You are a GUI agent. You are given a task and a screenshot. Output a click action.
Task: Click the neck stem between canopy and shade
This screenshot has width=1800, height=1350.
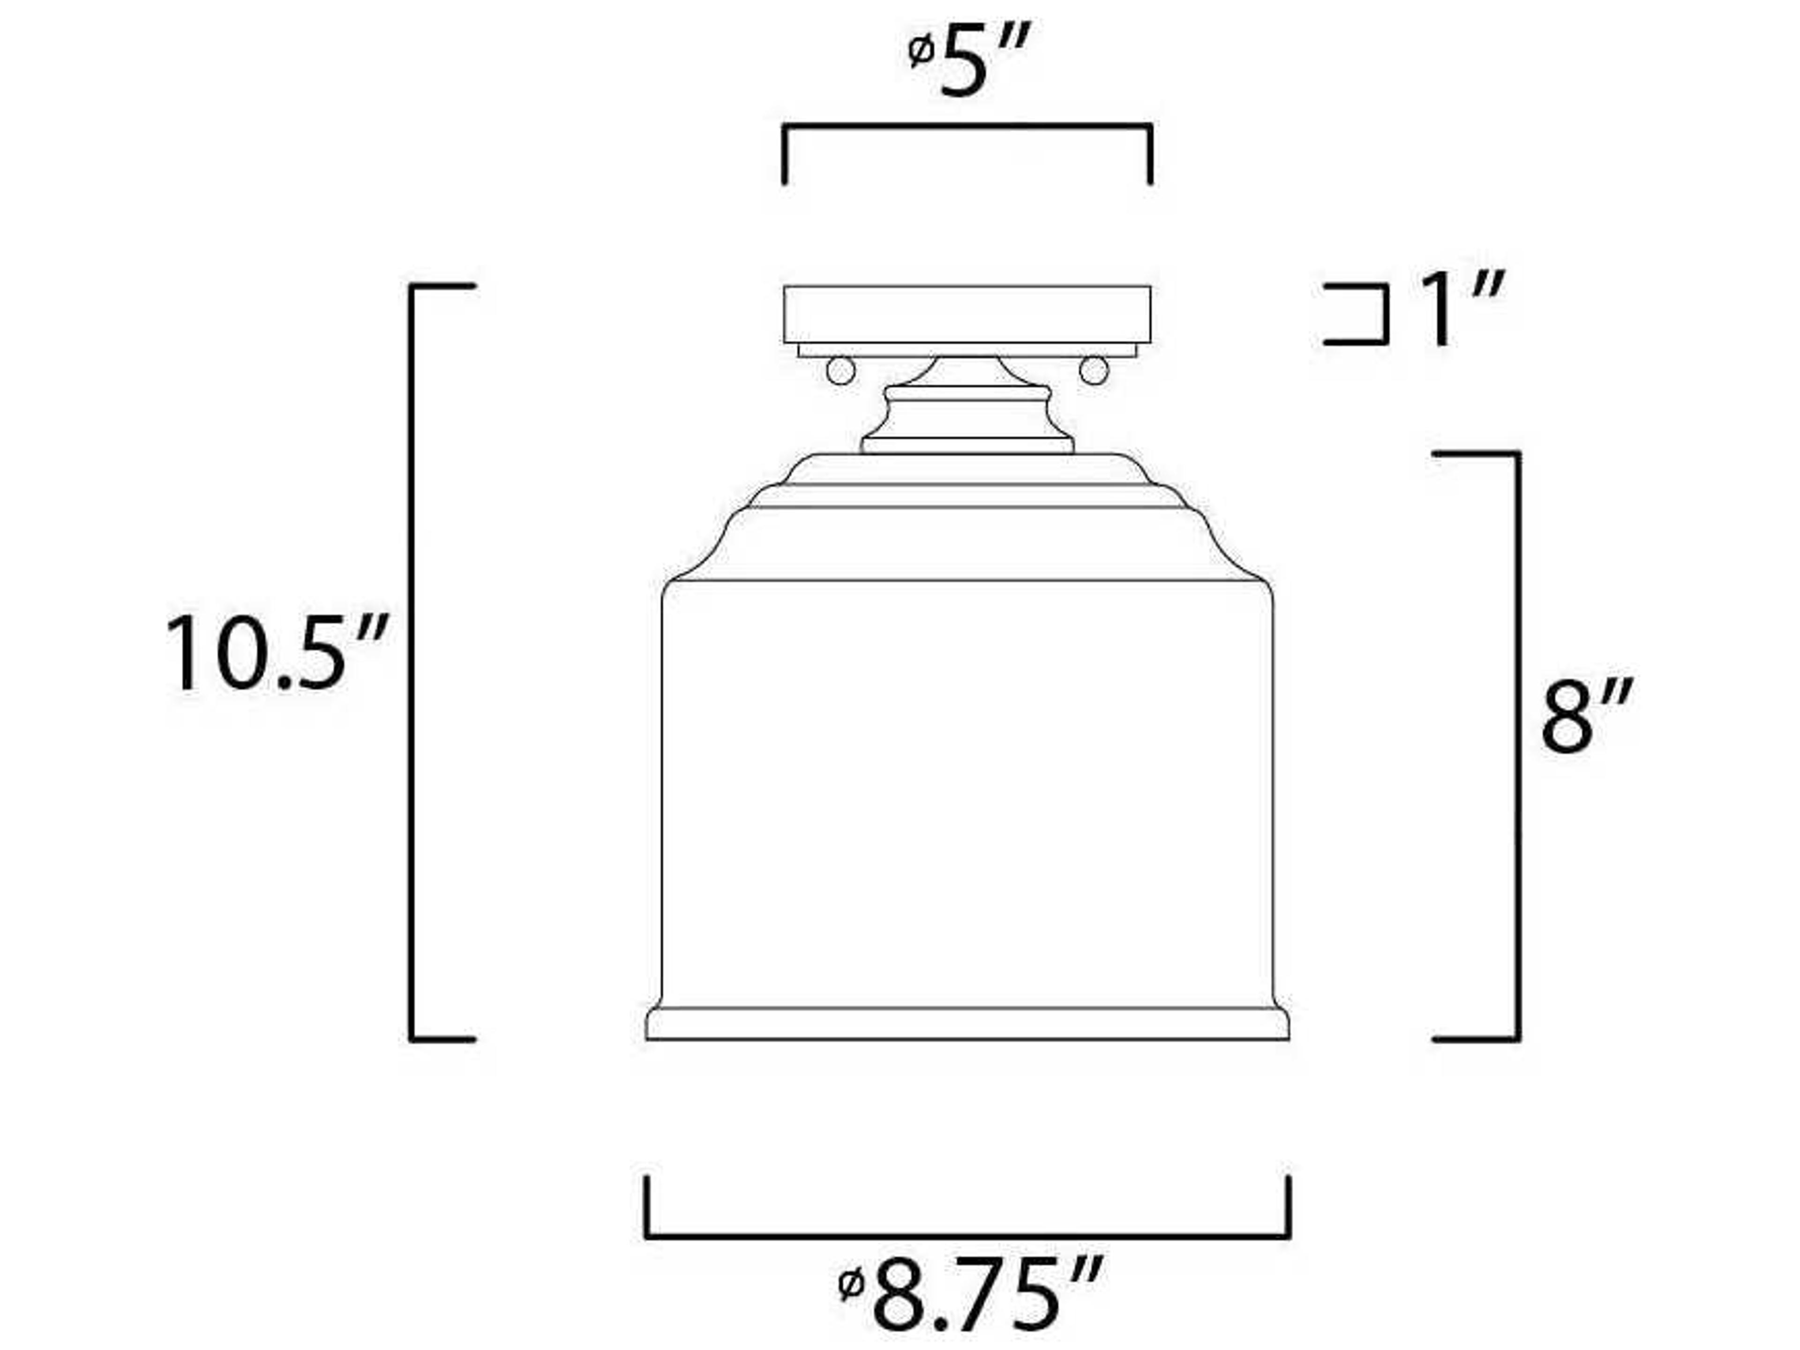967,415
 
